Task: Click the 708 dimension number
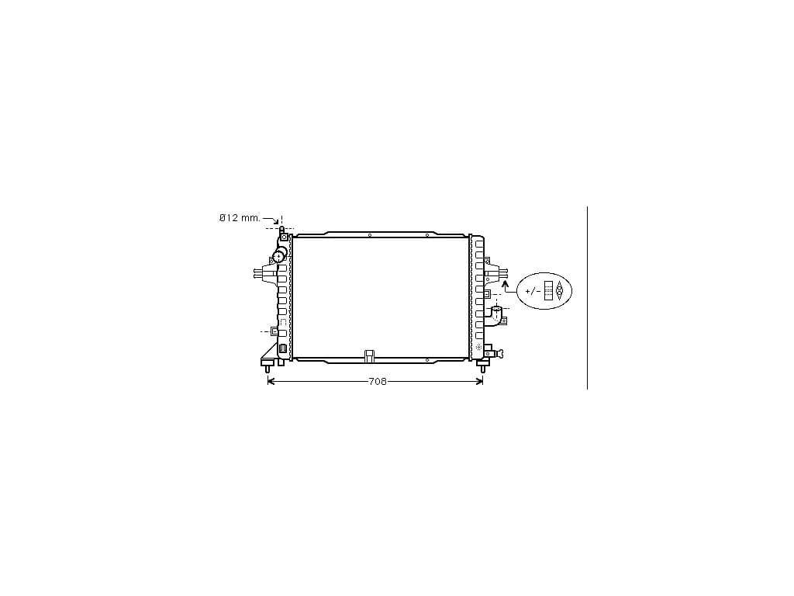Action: (378, 382)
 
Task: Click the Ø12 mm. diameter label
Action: (240, 218)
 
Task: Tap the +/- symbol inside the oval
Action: (532, 292)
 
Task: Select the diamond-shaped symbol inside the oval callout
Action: (559, 290)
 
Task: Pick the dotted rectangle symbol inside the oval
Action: (548, 290)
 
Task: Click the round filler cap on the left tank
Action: (279, 256)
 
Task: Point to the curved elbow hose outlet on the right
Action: (497, 316)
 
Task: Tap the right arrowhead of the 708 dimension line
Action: (479, 382)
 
